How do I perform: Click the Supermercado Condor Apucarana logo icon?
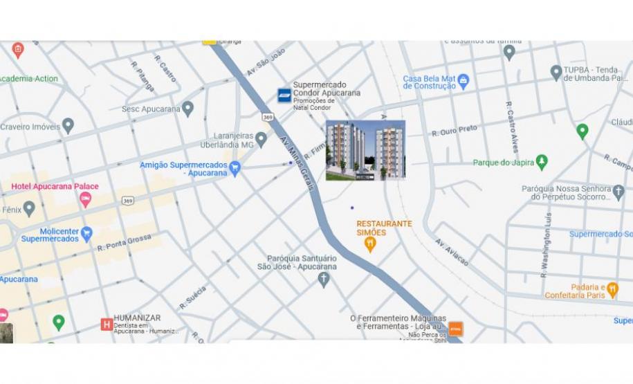[284, 95]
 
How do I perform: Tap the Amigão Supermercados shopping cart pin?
[235, 168]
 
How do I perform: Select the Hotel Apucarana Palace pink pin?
[86, 199]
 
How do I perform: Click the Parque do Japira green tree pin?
[542, 162]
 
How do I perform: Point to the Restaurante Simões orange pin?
[370, 244]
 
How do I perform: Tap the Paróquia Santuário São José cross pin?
[323, 280]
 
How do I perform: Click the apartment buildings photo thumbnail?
[365, 150]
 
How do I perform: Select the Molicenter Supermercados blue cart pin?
[86, 234]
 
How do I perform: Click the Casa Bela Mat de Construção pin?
[464, 81]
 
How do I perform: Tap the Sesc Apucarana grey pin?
[187, 109]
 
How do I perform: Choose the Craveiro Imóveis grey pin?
[68, 126]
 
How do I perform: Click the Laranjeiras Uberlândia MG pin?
[261, 140]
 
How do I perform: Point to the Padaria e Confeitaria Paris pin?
[612, 290]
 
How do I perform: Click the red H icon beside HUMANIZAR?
[107, 324]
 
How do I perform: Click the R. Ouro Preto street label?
[455, 130]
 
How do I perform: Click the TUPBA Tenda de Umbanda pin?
[556, 73]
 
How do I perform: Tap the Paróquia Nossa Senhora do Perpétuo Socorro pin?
[618, 192]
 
